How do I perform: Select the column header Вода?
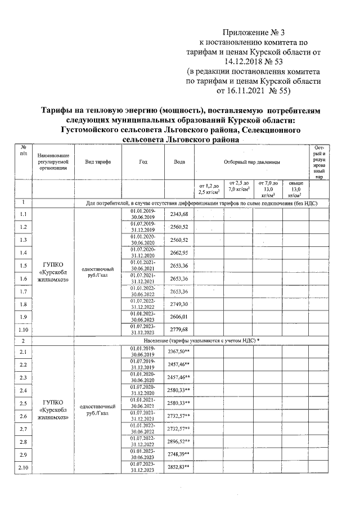point(179,161)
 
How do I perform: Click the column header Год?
point(143,161)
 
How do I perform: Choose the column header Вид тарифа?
point(97,161)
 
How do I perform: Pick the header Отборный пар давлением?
point(251,161)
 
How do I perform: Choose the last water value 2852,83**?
point(182,468)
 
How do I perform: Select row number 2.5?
point(23,403)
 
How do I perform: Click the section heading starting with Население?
point(197,341)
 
